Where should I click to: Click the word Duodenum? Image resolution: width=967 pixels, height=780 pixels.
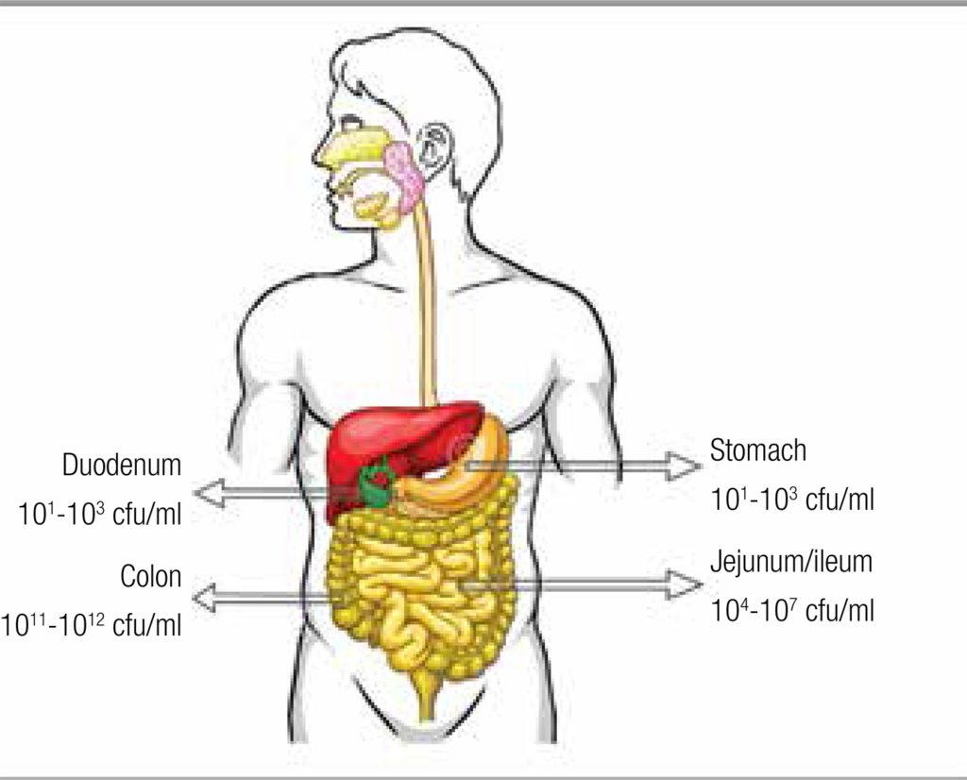(122, 465)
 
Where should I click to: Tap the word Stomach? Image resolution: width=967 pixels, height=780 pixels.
(758, 450)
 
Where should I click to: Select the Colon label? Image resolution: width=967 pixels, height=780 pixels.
(150, 577)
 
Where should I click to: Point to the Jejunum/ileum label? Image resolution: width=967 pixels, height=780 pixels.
(791, 563)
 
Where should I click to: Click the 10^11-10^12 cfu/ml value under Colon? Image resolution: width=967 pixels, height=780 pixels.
(92, 625)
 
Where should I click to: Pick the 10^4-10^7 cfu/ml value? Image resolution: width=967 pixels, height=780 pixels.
(792, 610)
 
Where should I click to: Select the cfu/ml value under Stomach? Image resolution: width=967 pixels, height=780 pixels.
(792, 499)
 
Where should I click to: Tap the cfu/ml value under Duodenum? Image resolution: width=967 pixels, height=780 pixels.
(100, 514)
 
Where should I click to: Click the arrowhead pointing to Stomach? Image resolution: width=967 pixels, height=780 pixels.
(683, 466)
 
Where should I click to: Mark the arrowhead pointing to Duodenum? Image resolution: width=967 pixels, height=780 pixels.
(210, 493)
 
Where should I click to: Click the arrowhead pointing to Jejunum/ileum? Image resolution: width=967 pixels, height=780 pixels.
(683, 585)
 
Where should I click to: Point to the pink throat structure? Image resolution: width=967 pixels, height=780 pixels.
(403, 176)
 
